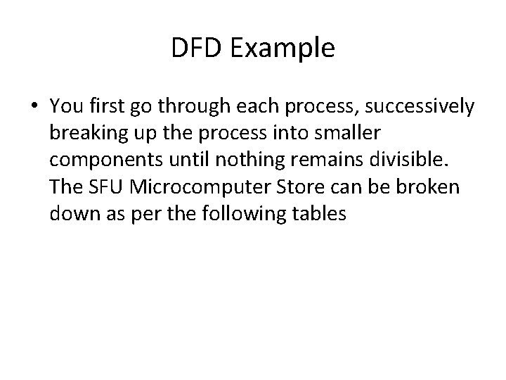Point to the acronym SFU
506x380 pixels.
pos(103,187)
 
